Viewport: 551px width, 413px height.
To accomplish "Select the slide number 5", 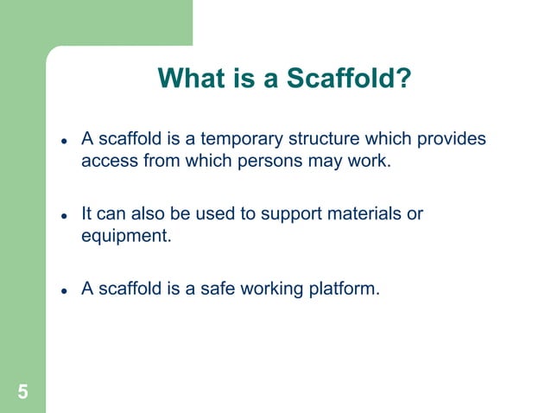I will pos(22,392).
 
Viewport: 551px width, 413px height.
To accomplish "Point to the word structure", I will pos(317,139).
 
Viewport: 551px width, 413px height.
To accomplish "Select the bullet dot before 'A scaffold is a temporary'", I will pos(64,141).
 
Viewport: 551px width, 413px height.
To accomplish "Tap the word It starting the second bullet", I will pos(87,213).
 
